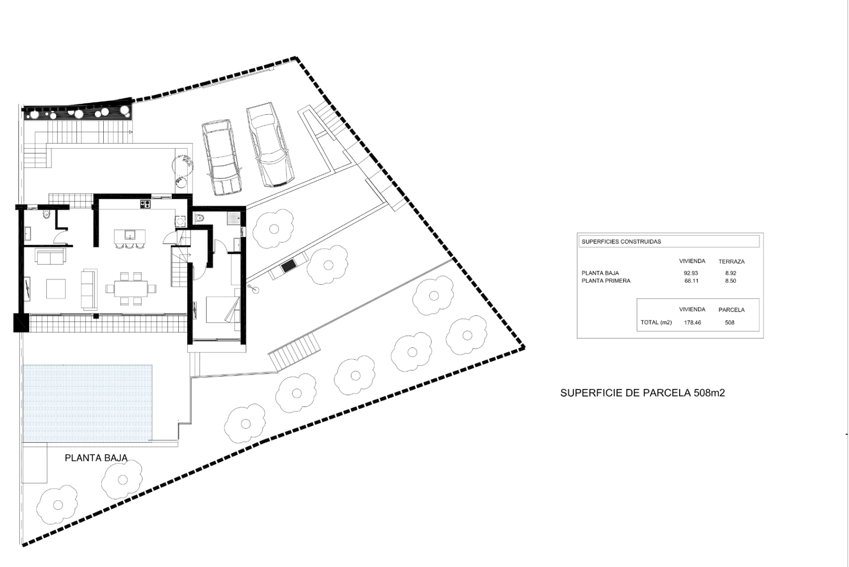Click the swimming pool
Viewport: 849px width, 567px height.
[x=87, y=404]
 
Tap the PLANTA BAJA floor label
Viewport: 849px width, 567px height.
[x=96, y=458]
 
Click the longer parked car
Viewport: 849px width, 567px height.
[x=270, y=145]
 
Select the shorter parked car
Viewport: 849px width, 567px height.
[x=222, y=158]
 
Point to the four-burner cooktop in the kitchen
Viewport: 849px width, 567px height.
[x=145, y=204]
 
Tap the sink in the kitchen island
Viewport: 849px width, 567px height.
[x=130, y=235]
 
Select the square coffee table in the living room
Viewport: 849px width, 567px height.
[x=56, y=289]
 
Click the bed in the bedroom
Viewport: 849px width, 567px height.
[x=223, y=309]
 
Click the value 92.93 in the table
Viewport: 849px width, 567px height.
[x=691, y=273]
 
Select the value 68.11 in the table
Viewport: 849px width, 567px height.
[x=691, y=281]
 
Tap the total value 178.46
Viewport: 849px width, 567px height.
[x=692, y=323]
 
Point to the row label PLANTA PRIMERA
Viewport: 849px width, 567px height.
[x=606, y=281]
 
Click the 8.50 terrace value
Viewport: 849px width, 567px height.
[x=730, y=281]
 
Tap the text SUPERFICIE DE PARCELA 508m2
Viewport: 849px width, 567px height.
[x=642, y=393]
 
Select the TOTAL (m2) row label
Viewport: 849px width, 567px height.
[x=656, y=323]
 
